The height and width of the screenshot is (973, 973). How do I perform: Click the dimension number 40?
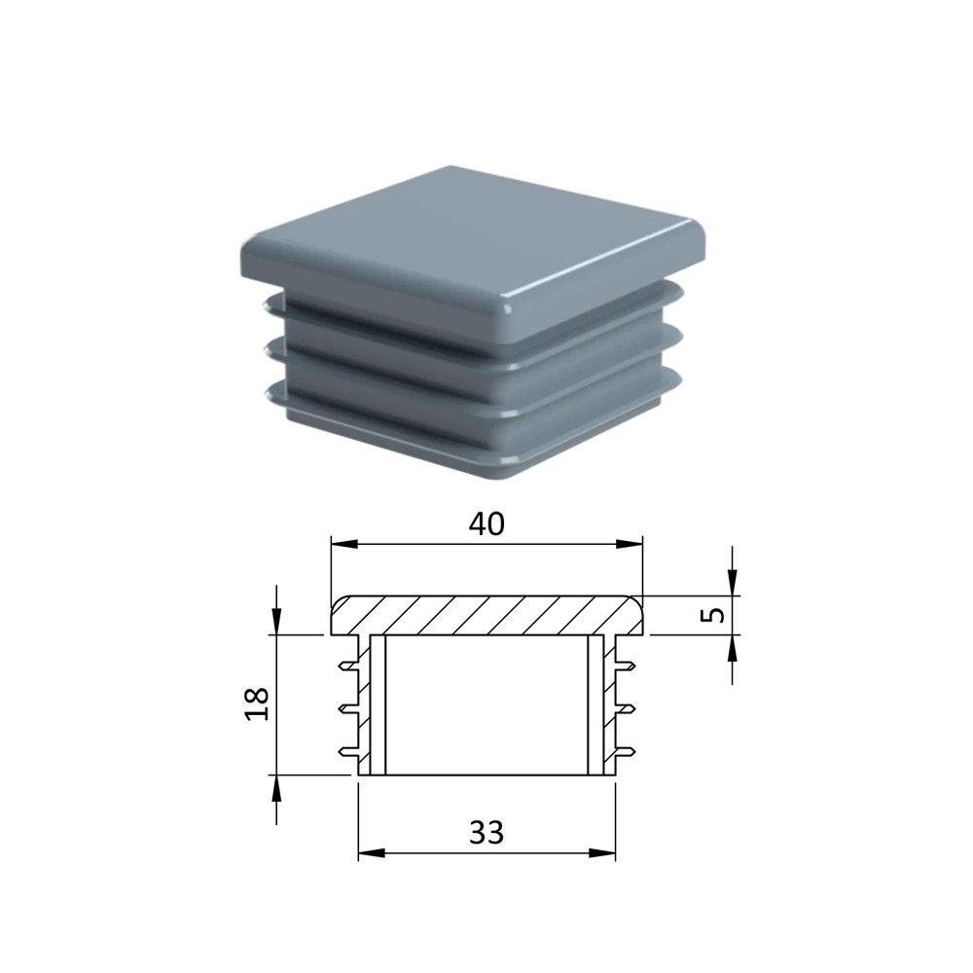click(x=486, y=524)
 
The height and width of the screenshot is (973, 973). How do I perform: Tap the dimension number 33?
click(x=486, y=832)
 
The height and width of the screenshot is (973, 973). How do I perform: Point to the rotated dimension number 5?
click(x=716, y=614)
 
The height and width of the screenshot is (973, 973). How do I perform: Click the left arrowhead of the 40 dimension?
click(x=344, y=544)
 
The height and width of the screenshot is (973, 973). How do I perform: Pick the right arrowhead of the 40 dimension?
click(x=630, y=544)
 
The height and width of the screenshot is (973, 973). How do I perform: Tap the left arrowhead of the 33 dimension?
click(x=373, y=853)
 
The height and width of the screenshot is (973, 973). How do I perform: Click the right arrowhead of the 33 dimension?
click(x=602, y=853)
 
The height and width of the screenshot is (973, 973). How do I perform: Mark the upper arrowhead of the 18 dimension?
click(x=276, y=621)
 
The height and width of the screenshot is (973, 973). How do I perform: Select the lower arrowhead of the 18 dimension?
click(x=276, y=789)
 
